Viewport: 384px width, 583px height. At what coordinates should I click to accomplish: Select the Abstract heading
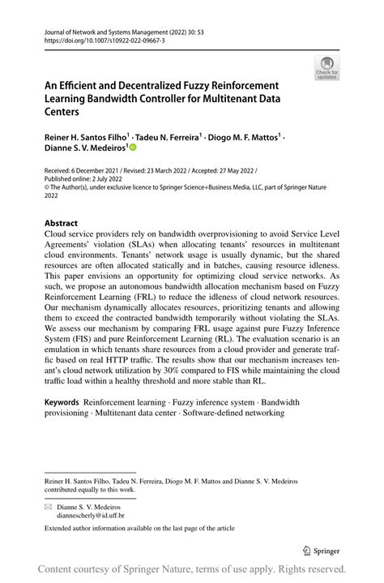tap(61, 223)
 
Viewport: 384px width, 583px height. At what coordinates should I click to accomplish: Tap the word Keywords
tap(62, 402)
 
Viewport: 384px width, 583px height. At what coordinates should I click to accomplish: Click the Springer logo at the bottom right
tap(322, 550)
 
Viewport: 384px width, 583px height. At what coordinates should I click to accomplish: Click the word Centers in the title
tap(66, 112)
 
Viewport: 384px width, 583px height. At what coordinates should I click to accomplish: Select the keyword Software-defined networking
tap(234, 413)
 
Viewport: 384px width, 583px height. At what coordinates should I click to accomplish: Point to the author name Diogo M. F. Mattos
tap(242, 139)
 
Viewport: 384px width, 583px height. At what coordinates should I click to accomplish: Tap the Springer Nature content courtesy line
tap(192, 569)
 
